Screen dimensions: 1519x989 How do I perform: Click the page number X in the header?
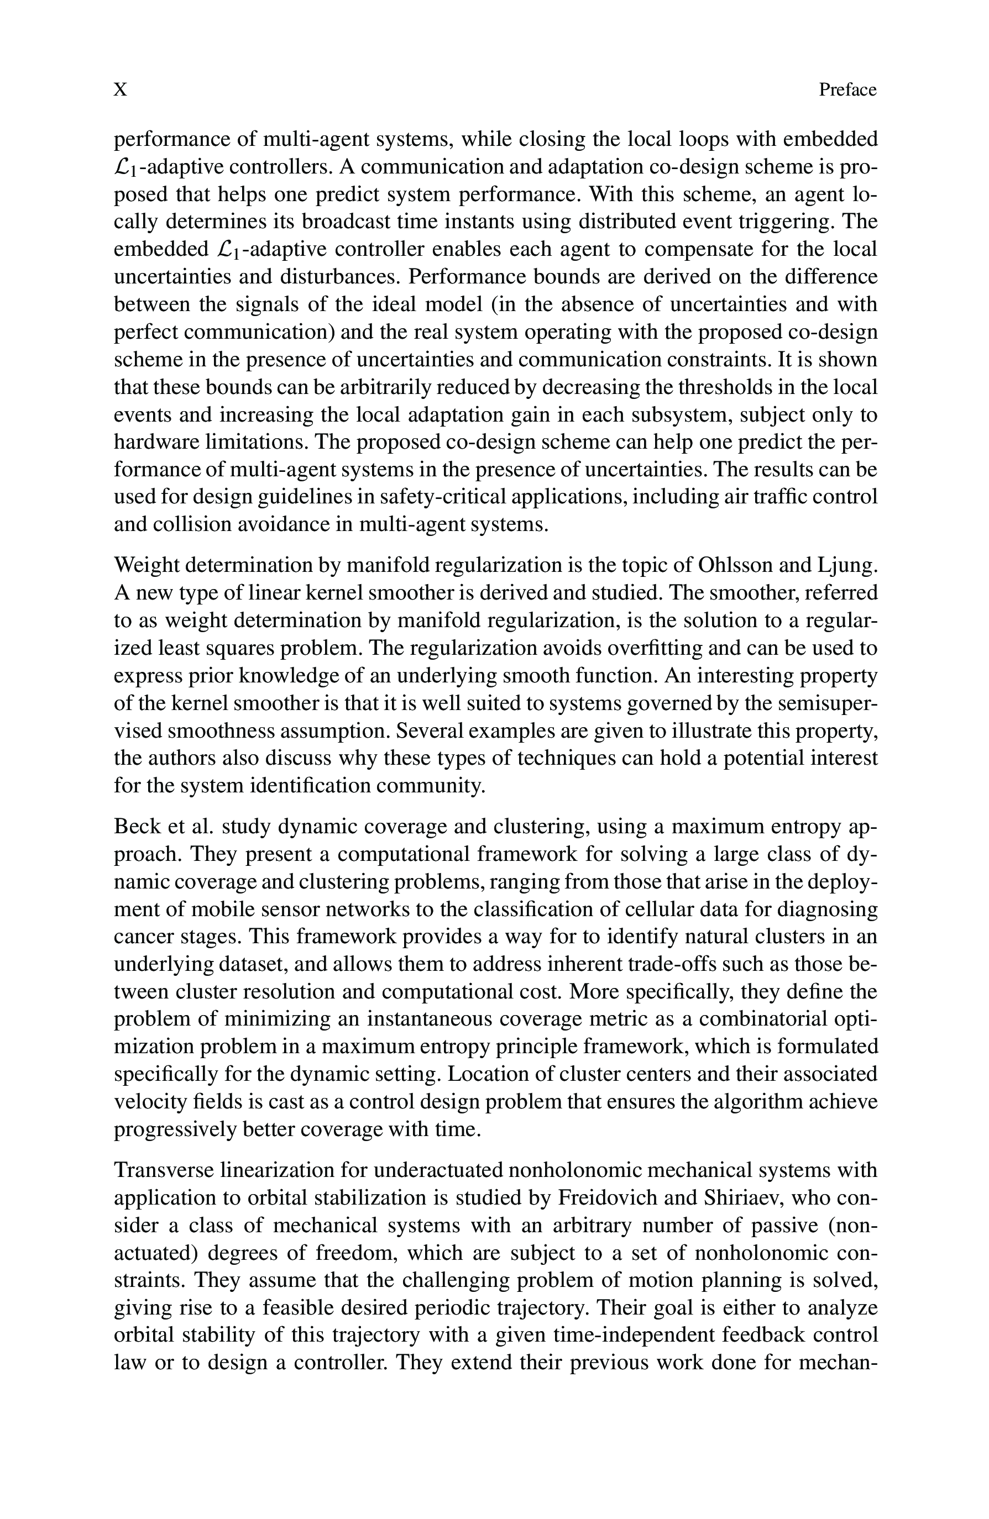(120, 90)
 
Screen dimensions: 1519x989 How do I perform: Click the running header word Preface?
(847, 90)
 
